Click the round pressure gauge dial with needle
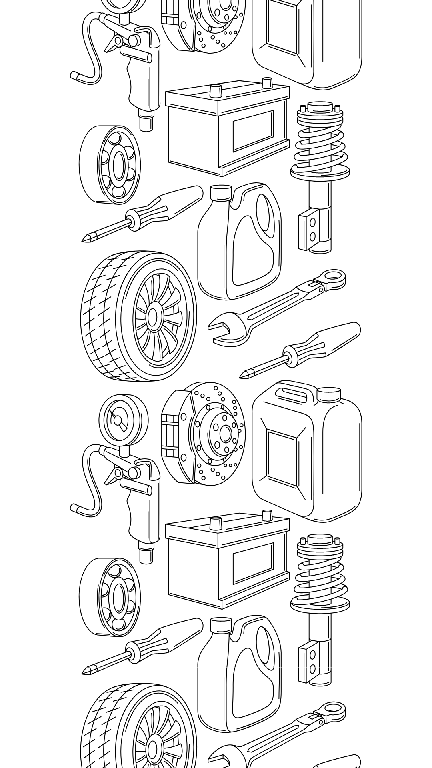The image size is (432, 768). point(118,420)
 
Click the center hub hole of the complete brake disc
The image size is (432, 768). point(225,434)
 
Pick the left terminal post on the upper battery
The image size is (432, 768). point(216,90)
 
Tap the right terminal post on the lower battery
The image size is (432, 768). point(267,515)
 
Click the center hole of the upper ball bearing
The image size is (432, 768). point(119,164)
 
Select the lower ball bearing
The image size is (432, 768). point(110,597)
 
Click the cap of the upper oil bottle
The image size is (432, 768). point(221,193)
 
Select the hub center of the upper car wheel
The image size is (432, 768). point(152,317)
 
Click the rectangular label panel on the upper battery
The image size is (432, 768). point(253,130)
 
